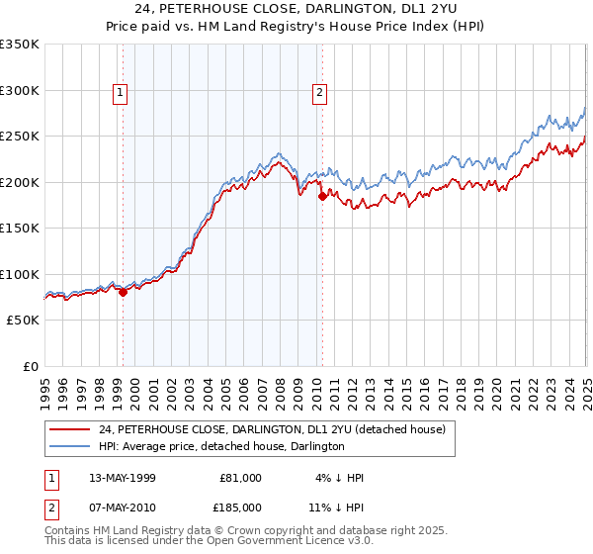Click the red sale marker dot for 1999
(123, 292)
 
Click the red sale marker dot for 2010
(322, 197)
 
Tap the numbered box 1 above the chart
(120, 94)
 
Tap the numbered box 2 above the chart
(320, 94)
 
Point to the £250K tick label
(20, 137)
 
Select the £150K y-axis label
(20, 229)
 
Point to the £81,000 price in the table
(240, 478)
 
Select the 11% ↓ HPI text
(336, 508)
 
